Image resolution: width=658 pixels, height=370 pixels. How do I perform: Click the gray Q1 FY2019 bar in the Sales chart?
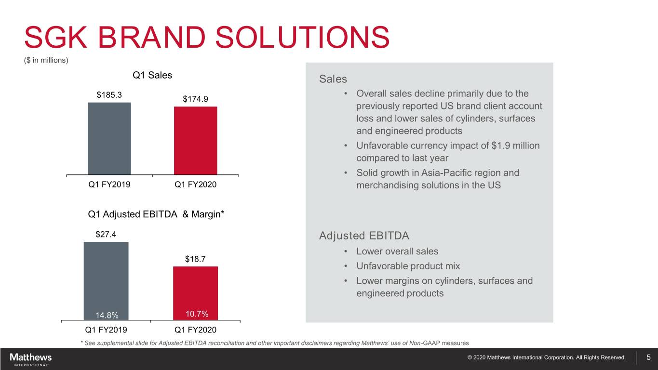pos(109,139)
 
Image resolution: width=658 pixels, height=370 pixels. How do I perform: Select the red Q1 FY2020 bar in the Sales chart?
pos(196,141)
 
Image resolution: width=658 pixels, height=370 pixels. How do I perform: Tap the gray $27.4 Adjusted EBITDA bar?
pos(106,281)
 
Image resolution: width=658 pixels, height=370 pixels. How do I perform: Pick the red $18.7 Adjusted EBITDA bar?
pos(195,293)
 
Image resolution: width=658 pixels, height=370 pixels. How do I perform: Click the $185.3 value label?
pos(109,95)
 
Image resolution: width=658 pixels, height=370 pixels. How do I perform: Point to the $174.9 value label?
pos(195,99)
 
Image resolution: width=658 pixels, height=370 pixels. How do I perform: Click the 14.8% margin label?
pos(107,316)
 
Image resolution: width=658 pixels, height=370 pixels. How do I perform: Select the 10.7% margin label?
pos(197,314)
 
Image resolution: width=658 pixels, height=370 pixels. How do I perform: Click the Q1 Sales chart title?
pos(152,75)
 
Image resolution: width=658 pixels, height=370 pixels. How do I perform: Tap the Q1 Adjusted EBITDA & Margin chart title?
pos(156,214)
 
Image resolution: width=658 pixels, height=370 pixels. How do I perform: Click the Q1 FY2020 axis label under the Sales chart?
pos(195,185)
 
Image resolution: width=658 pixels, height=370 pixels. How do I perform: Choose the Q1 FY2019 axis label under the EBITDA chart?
pos(106,330)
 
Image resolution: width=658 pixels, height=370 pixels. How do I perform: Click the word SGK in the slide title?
pos(56,37)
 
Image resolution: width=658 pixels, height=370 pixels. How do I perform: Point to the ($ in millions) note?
pos(46,60)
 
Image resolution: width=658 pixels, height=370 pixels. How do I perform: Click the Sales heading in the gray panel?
pos(333,79)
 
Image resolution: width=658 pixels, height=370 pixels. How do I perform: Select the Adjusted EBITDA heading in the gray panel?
pos(364,236)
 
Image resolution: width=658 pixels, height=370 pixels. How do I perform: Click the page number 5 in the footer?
pos(649,357)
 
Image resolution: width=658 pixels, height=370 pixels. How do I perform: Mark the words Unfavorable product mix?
pos(408,266)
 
